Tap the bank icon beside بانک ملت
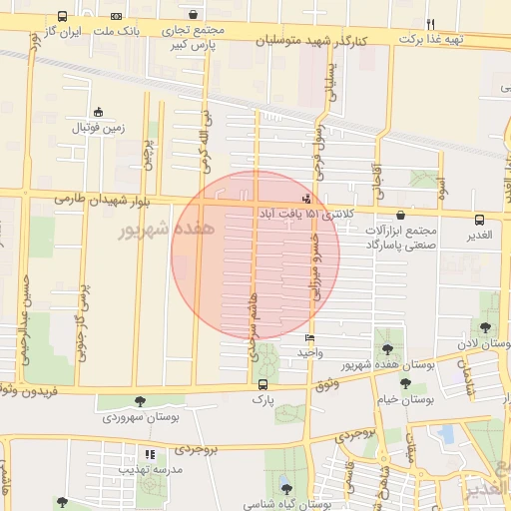pyautogui.click(x=118, y=17)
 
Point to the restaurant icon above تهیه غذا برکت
pyautogui.click(x=431, y=24)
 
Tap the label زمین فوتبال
pyautogui.click(x=98, y=129)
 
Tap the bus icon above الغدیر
pyautogui.click(x=480, y=221)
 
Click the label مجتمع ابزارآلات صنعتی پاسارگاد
pyautogui.click(x=403, y=237)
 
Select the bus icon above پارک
pyautogui.click(x=262, y=384)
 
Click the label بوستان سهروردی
pyautogui.click(x=146, y=418)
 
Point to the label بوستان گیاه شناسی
pyautogui.click(x=285, y=505)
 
